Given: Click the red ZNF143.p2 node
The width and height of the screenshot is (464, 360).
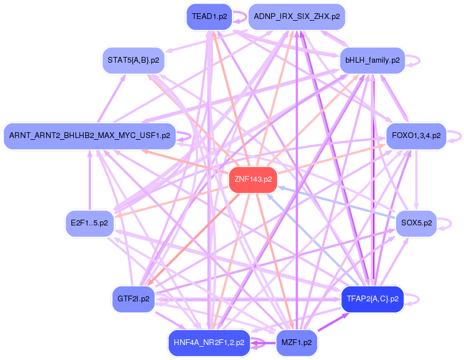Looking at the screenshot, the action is tap(253, 179).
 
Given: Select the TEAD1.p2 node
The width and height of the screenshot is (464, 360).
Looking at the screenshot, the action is tap(208, 17).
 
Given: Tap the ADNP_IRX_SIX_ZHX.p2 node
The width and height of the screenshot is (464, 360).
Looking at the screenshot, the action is tap(296, 17).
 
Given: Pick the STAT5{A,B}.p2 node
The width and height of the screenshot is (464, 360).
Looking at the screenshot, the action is tap(134, 60).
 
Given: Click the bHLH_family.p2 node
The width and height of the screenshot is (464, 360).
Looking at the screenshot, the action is tap(373, 60).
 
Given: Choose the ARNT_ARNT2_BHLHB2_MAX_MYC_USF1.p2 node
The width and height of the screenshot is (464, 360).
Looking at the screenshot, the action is tap(89, 136).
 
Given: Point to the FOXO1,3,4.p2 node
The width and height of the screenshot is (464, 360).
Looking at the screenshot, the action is tap(416, 136).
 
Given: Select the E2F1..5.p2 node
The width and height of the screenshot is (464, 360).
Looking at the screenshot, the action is tap(89, 223).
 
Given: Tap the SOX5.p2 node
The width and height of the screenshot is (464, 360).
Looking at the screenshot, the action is tap(416, 223).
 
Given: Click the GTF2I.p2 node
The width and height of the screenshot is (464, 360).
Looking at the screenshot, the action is tap(133, 299).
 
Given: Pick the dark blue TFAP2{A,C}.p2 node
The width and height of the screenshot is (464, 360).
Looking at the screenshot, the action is tap(372, 299).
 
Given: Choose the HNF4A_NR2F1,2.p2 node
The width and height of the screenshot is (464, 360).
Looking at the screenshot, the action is tap(208, 342).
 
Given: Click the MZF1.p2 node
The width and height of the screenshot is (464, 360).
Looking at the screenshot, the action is tap(296, 342).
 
